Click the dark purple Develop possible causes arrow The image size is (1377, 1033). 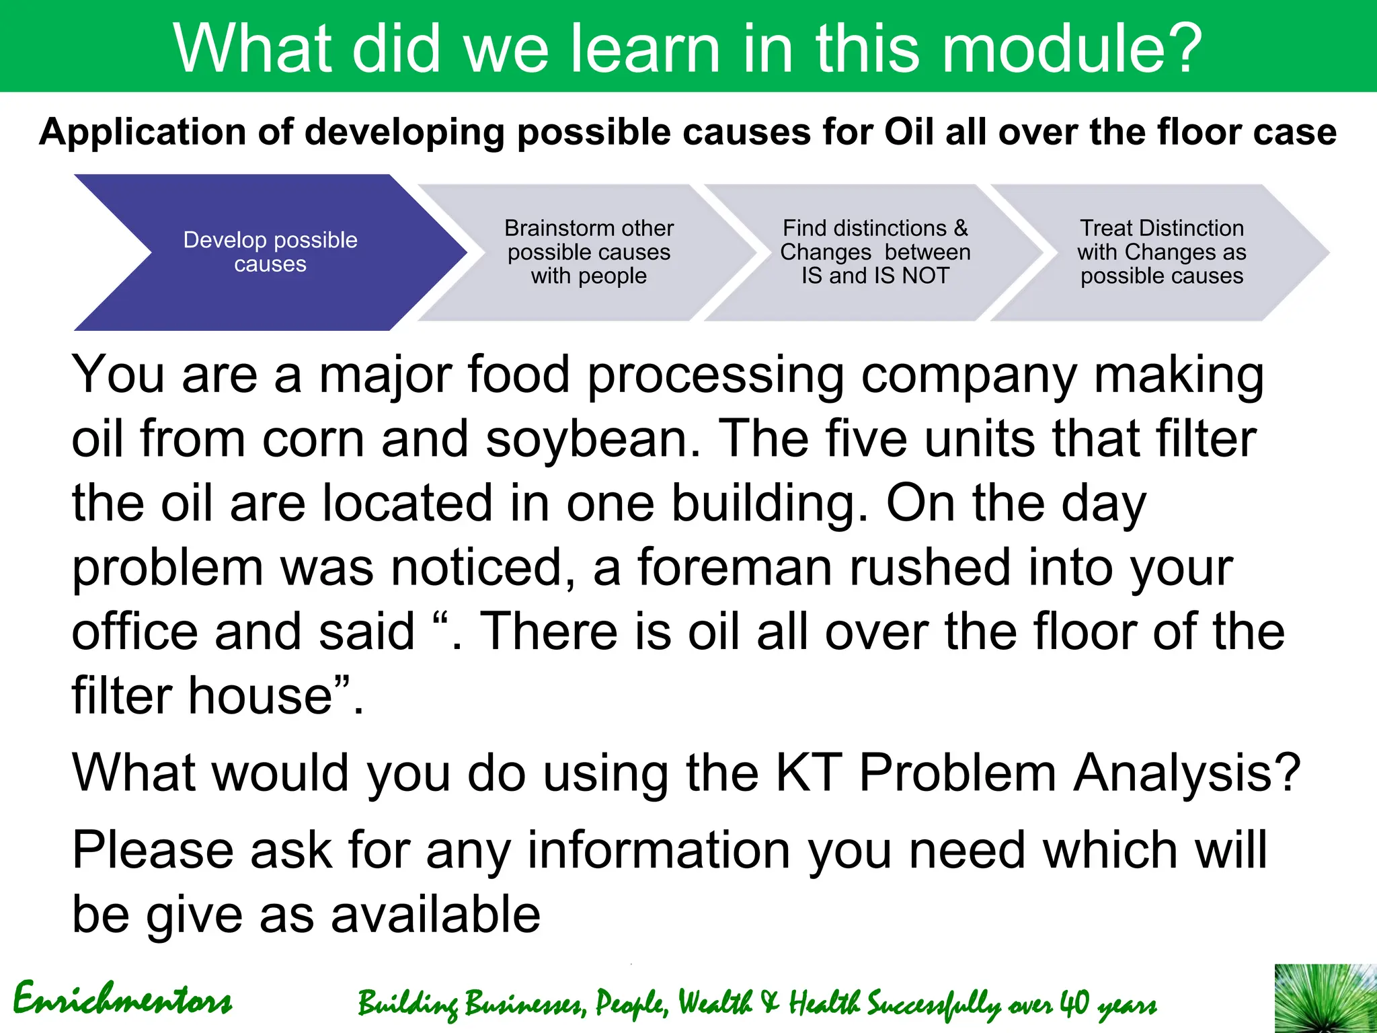click(x=269, y=252)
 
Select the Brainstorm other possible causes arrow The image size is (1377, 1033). click(x=588, y=252)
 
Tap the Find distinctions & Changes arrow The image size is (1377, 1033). click(x=874, y=252)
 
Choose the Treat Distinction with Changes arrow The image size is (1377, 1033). click(x=1161, y=252)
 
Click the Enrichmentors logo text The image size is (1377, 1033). click(x=122, y=999)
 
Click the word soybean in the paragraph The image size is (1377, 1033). click(x=592, y=439)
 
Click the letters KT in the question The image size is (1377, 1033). click(x=809, y=773)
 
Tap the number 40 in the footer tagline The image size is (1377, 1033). click(x=1074, y=1003)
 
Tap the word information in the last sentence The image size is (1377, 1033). click(x=658, y=851)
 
